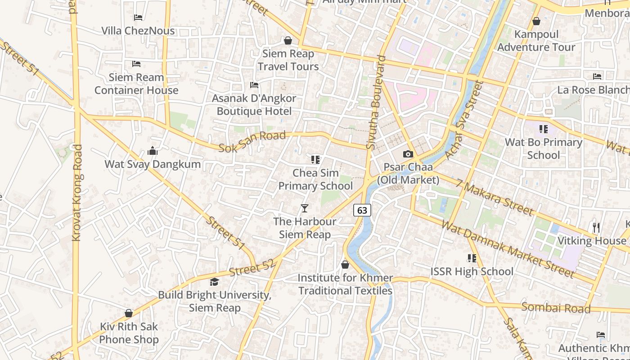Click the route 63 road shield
[362, 210]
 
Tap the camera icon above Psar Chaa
[408, 154]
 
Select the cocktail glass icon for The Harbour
[305, 208]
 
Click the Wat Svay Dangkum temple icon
[153, 151]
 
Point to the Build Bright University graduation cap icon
[214, 282]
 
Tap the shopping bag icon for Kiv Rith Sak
[129, 313]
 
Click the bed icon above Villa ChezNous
[138, 18]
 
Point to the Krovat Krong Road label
[77, 193]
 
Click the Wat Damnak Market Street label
[508, 249]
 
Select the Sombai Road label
[556, 308]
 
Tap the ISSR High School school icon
[472, 258]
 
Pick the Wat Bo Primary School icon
[543, 129]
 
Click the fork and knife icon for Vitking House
[596, 228]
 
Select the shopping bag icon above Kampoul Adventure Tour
[536, 21]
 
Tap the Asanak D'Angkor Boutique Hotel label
[254, 104]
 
